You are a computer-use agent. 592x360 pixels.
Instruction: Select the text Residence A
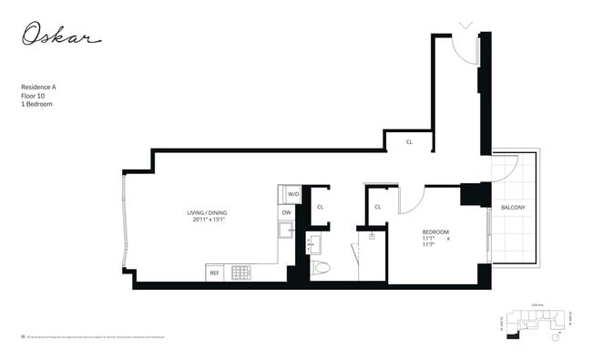38,87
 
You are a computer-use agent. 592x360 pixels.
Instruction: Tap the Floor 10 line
33,95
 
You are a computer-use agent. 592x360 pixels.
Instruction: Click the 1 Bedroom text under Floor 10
36,104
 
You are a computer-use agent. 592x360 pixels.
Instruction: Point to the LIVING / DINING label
209,212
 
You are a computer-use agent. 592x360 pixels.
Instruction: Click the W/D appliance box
293,194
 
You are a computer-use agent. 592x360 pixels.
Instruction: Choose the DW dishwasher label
286,212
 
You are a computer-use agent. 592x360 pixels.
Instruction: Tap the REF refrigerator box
215,273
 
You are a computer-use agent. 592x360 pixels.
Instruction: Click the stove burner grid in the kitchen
240,272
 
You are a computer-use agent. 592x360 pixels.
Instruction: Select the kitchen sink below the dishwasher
286,230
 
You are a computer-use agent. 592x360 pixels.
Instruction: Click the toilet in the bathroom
321,269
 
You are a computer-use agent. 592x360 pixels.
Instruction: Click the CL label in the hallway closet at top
409,142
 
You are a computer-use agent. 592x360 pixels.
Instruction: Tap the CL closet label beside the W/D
320,207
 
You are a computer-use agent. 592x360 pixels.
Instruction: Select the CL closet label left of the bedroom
377,207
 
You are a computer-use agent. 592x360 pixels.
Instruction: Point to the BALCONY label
513,208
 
